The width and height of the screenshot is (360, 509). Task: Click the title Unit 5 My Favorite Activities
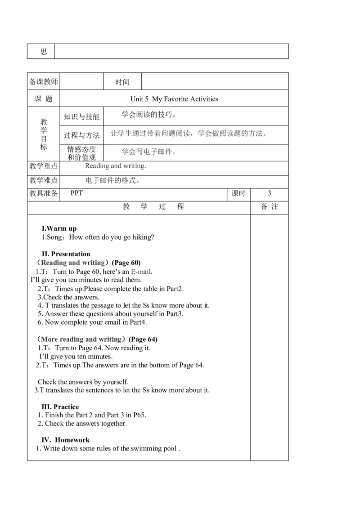pos(174,99)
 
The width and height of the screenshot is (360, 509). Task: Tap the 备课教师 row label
pos(44,81)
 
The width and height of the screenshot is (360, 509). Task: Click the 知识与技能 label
pos(81,116)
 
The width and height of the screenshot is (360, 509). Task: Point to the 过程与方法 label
pos(81,135)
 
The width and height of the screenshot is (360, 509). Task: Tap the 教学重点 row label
pos(44,166)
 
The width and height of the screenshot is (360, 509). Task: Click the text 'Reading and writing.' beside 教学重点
pos(115,166)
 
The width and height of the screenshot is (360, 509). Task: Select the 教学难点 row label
pos(44,180)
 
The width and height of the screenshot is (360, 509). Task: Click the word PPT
pos(76,193)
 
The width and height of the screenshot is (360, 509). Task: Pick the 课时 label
pos(238,193)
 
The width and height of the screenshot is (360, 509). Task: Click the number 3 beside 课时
pos(270,193)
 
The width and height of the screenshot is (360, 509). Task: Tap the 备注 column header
pos(270,206)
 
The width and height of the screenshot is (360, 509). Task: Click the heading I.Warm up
pos(59,228)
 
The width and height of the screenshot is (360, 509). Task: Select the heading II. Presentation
pos(66,254)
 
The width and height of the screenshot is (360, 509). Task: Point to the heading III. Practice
pos(60,407)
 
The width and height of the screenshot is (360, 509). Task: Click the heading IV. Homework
pos(65,440)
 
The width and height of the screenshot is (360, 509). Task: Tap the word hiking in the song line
pos(143,237)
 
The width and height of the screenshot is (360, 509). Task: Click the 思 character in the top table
pos(44,52)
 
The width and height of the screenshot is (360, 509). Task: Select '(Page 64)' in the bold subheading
pos(143,339)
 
